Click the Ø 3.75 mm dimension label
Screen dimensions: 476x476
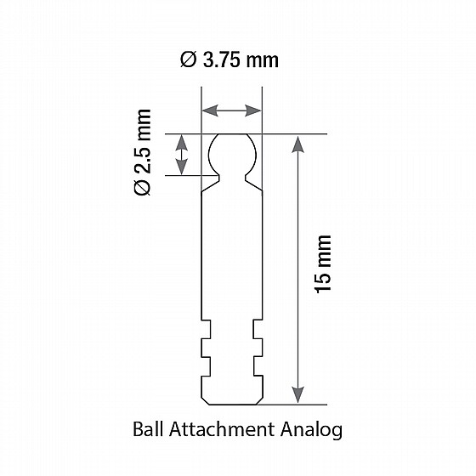coord(230,59)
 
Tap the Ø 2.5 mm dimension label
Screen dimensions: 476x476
coord(142,152)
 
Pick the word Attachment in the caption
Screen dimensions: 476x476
coord(222,430)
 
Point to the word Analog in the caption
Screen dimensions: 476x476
coord(312,430)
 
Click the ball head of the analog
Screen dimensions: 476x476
coord(231,154)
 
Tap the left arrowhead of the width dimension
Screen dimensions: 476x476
coord(207,110)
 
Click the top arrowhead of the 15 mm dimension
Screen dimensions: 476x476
coord(297,142)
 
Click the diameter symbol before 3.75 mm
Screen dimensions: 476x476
coord(189,59)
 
